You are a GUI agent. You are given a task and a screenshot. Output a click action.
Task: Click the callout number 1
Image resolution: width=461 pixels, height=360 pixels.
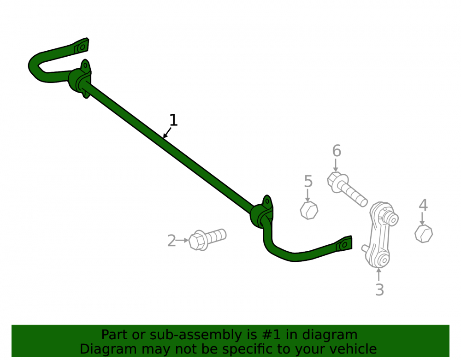coord(173,120)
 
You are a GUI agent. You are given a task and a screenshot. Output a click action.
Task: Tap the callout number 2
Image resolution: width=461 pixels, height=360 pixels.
coord(171,241)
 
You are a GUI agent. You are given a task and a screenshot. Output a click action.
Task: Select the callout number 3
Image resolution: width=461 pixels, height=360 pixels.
coord(379,289)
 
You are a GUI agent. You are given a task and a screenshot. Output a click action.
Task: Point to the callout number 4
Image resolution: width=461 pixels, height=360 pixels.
coord(423,205)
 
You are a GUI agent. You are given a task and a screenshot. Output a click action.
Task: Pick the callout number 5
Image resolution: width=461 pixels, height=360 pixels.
coord(308,181)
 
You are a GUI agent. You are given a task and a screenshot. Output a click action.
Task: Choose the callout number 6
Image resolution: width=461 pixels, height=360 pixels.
coord(337,151)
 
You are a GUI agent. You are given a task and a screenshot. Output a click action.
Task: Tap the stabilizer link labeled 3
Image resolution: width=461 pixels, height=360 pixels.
coord(380,235)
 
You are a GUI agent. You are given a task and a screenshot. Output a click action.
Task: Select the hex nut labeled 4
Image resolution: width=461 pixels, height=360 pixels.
coord(424,234)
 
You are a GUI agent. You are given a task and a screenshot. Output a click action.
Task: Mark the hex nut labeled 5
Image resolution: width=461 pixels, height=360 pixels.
coord(309,210)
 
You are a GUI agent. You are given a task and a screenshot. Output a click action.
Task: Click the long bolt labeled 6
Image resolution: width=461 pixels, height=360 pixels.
coord(347,189)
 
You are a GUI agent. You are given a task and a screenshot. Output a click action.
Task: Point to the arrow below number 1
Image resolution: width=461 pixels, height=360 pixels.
coord(167,133)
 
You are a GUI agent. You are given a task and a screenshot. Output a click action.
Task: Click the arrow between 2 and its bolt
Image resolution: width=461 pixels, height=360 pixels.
coord(183,241)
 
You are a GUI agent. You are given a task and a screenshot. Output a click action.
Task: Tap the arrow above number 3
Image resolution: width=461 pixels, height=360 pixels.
coord(378,274)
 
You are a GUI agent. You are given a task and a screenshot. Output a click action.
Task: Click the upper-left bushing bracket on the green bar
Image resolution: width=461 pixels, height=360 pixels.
coord(80,79)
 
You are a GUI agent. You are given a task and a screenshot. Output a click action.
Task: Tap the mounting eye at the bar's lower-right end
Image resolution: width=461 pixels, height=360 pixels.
coord(344,244)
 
